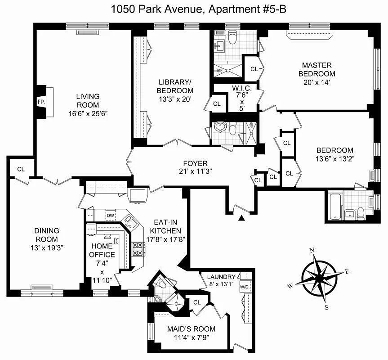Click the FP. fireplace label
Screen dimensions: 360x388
coord(41,102)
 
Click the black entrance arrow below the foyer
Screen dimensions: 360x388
coord(242,218)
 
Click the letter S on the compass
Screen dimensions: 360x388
coord(326,307)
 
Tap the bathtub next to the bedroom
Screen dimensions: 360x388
coord(335,206)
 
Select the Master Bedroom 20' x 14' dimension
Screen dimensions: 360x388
coord(318,82)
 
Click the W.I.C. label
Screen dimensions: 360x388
coord(242,88)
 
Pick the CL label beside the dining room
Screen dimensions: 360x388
coord(21,169)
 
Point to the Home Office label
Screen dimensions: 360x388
coord(103,251)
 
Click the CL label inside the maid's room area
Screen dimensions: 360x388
coord(196,302)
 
